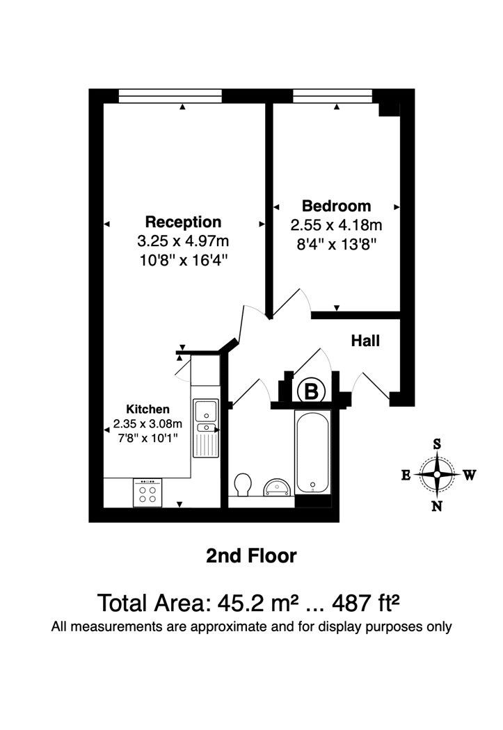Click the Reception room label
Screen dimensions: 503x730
tap(183, 222)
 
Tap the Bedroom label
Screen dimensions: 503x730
tap(336, 206)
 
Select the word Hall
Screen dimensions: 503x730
tap(365, 341)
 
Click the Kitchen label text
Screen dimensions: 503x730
tap(147, 409)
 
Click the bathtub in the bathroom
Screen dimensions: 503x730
tap(313, 453)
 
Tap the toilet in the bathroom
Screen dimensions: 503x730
tap(243, 485)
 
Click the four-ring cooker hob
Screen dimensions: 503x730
tap(147, 492)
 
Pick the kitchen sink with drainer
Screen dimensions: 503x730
tap(205, 428)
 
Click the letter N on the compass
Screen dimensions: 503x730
tap(436, 506)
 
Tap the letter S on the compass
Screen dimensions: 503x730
tap(437, 444)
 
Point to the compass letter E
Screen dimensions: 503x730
tap(406, 475)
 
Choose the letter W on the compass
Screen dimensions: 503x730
tap(470, 475)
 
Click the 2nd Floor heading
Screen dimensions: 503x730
tap(252, 556)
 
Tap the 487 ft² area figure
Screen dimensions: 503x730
tap(366, 603)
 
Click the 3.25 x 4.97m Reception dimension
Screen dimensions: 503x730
tap(183, 241)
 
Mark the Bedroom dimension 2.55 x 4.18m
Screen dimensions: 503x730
tap(336, 225)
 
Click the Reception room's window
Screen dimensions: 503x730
tap(170, 96)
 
